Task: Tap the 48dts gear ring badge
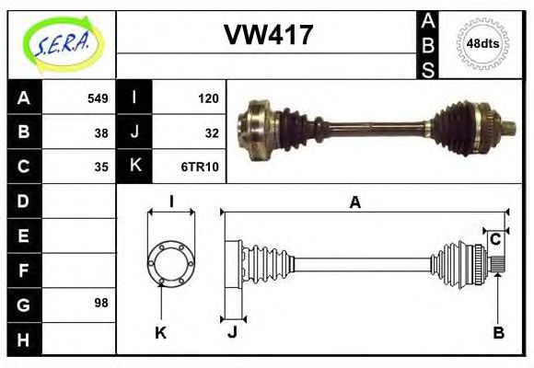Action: click(x=483, y=43)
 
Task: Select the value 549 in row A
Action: click(x=98, y=98)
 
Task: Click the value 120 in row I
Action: click(x=208, y=98)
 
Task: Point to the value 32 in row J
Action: click(x=211, y=132)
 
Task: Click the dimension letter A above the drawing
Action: click(x=354, y=202)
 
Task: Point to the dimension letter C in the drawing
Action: click(x=495, y=240)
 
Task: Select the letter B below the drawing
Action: click(x=498, y=333)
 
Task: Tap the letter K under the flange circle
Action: click(x=160, y=333)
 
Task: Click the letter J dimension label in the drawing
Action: click(x=232, y=333)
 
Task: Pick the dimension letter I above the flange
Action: click(x=171, y=202)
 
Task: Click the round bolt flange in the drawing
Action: click(x=171, y=263)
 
